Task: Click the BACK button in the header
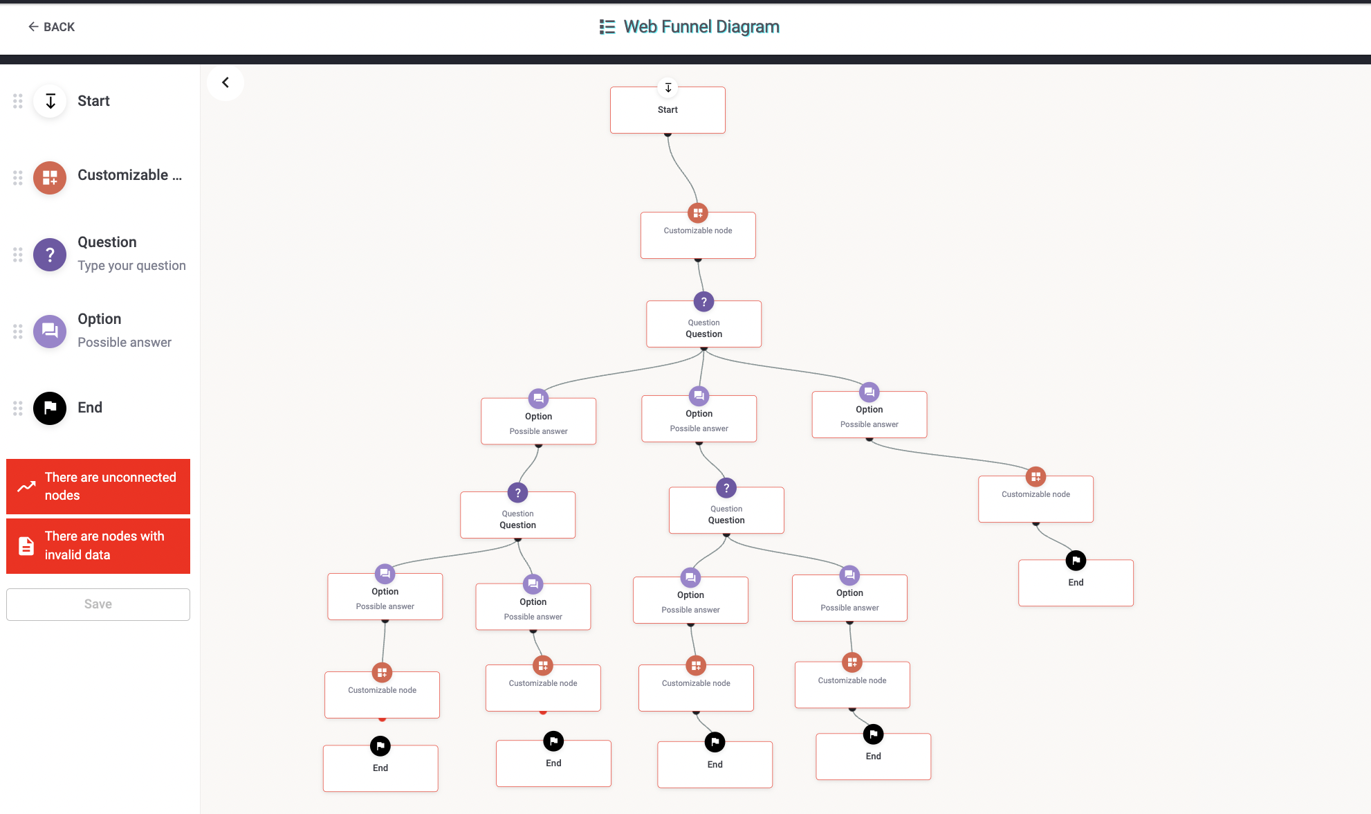[x=51, y=27]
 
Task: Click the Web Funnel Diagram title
[x=701, y=27]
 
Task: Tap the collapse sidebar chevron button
[x=226, y=83]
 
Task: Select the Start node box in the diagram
[x=668, y=111]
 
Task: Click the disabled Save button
[x=98, y=604]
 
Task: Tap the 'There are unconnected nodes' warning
[x=98, y=487]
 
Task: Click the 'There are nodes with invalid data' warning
[x=98, y=545]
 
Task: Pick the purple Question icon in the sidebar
[x=50, y=255]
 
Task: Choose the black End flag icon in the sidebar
[x=50, y=408]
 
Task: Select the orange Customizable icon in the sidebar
[x=50, y=178]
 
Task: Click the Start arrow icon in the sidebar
[x=50, y=101]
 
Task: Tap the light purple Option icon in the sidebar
[x=50, y=332]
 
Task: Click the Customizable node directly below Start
[x=698, y=236]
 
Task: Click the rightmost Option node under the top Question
[x=869, y=415]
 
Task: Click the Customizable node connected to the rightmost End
[x=1036, y=499]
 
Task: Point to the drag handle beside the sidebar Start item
[x=18, y=101]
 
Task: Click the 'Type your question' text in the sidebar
[x=131, y=266]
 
